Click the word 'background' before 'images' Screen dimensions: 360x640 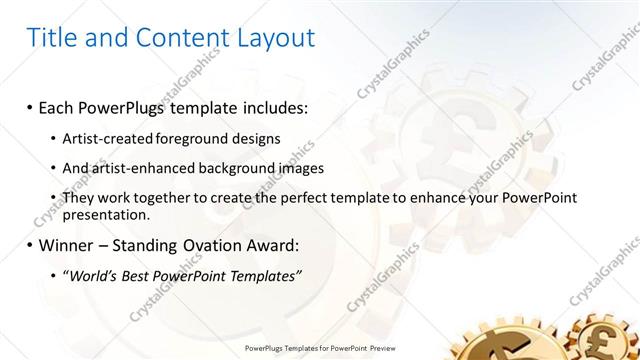pos(246,167)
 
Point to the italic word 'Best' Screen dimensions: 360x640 pos(148,276)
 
